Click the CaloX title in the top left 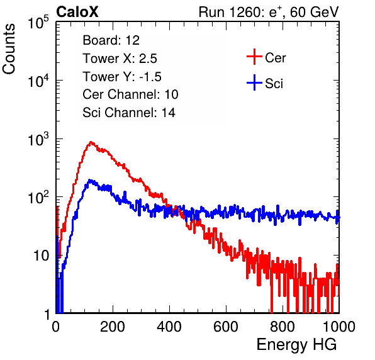77,12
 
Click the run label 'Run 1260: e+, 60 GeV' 269,12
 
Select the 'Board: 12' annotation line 111,40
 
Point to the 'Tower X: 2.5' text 120,58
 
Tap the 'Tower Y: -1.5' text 122,76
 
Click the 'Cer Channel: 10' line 130,94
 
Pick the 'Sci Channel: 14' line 129,113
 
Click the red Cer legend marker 254,57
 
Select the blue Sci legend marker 254,83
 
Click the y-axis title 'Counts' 9,49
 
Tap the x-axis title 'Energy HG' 296,345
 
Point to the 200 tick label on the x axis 113,327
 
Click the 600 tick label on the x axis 226,327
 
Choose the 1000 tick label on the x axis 339,327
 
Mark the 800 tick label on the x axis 283,327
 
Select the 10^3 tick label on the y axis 38,139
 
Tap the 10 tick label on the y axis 42,256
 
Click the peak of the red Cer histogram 91,142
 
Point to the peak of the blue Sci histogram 90,180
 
